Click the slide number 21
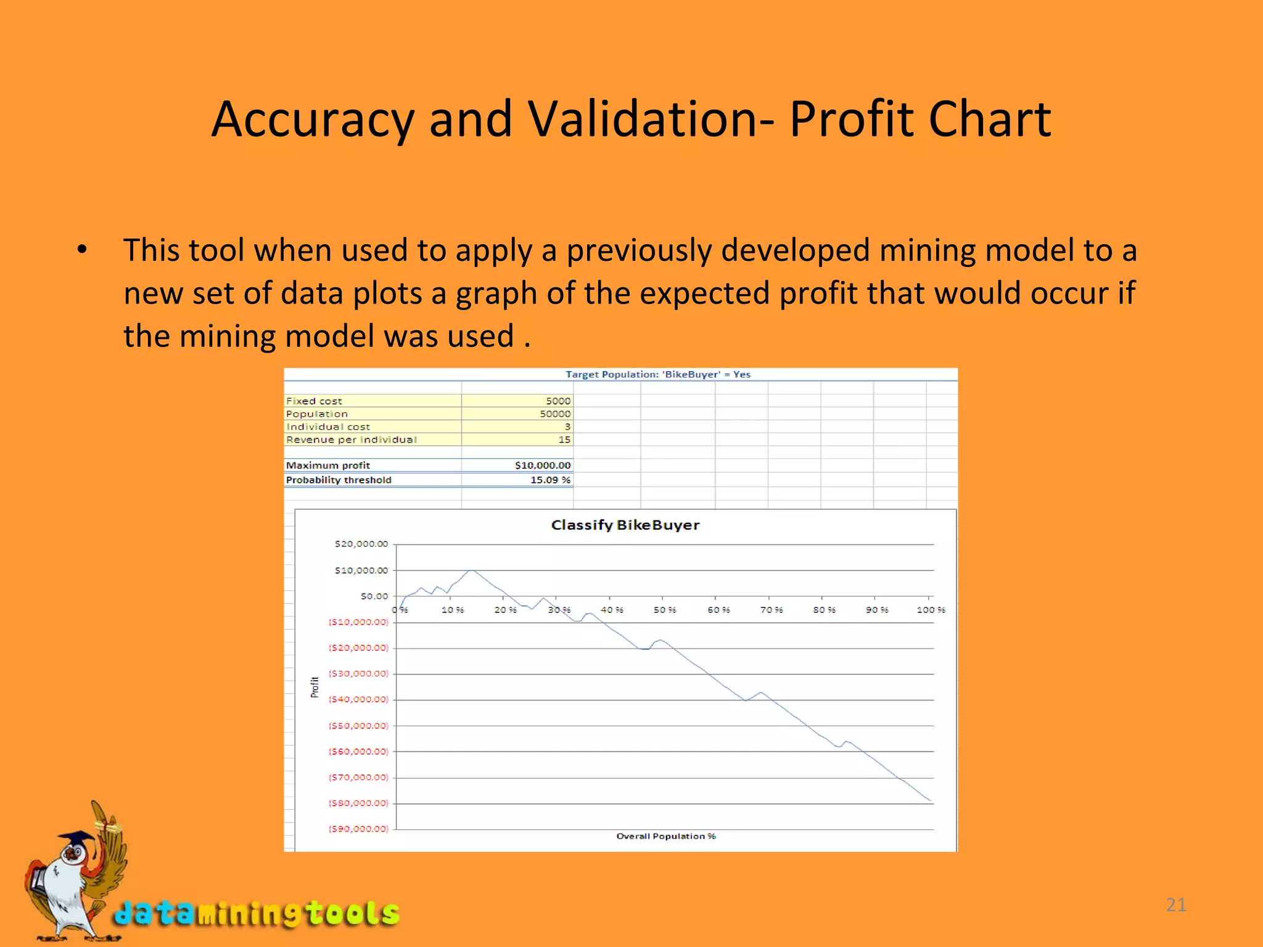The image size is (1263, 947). (1176, 904)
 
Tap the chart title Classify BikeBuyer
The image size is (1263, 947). (625, 525)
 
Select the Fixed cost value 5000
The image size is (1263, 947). (557, 401)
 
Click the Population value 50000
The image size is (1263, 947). (554, 414)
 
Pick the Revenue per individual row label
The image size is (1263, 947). (351, 440)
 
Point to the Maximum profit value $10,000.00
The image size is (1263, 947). (542, 465)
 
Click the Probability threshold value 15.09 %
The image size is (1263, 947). (550, 480)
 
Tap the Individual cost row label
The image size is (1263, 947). (327, 427)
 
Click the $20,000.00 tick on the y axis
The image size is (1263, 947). (361, 544)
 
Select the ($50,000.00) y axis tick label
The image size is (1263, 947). (358, 726)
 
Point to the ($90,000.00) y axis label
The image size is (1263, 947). (358, 829)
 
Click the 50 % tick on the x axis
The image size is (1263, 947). (664, 610)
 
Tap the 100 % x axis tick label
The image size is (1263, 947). (930, 610)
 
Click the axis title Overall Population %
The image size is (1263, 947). (665, 836)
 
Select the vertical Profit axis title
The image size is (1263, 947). (315, 687)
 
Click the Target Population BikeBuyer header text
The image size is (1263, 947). (657, 374)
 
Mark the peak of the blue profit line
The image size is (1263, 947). (472, 570)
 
